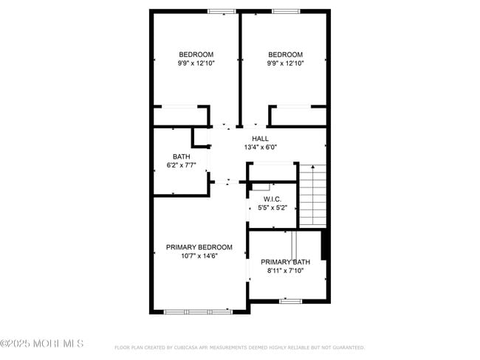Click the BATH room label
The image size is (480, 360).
tap(181, 156)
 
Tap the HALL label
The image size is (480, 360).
tap(260, 139)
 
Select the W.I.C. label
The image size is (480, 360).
tap(272, 199)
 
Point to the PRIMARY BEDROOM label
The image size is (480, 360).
tap(199, 247)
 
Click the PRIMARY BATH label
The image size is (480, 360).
tap(285, 262)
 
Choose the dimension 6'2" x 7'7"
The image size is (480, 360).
tap(181, 165)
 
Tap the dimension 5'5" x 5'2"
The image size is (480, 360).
tap(272, 209)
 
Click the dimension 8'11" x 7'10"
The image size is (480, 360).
tap(285, 271)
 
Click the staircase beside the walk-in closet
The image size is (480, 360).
tap(312, 195)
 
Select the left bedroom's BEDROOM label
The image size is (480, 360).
tap(196, 55)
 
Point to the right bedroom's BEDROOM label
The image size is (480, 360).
tap(285, 55)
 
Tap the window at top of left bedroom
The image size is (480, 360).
tap(221, 11)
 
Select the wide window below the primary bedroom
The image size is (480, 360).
tap(197, 312)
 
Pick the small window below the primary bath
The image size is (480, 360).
tap(289, 301)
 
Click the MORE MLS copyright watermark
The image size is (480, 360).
tap(42, 344)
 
